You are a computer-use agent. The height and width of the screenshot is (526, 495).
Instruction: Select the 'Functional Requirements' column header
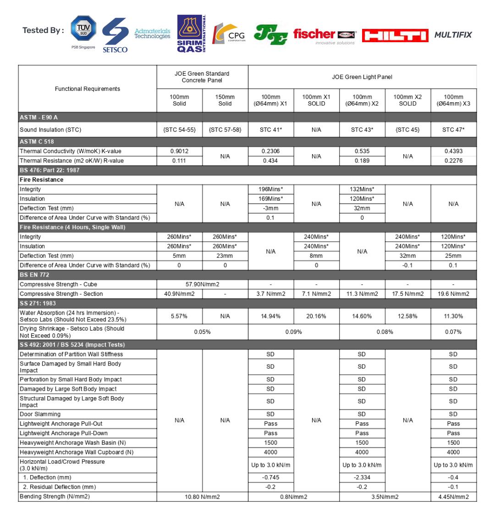coord(88,89)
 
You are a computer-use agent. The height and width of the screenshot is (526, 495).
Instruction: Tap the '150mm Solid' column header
coord(225,100)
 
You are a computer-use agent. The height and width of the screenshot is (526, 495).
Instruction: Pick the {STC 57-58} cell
coord(225,130)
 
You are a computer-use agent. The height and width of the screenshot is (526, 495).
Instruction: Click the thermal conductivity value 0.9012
coord(180,151)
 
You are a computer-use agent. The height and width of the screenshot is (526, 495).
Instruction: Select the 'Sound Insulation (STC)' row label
coord(50,130)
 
